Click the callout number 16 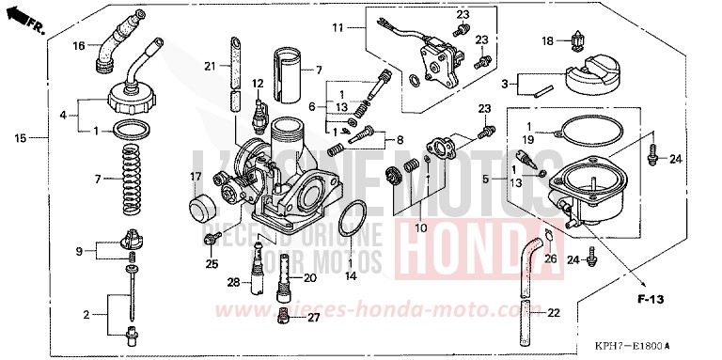tap(79, 45)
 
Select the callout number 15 tap(20, 139)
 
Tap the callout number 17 tap(196, 176)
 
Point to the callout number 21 tap(211, 66)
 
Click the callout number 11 tap(338, 29)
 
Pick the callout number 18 tap(548, 40)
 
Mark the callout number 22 tap(554, 312)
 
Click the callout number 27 tap(312, 318)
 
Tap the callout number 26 tap(551, 258)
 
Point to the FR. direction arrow tap(35, 18)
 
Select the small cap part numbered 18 tap(575, 41)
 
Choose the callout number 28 tap(231, 281)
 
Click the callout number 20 tap(309, 279)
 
